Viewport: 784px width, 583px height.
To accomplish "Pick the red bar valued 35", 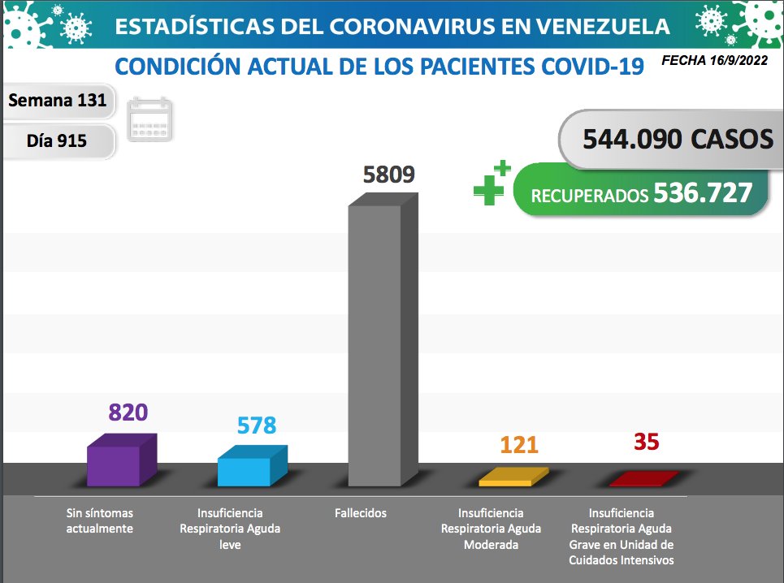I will (643, 479).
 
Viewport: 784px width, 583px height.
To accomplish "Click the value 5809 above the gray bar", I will (388, 175).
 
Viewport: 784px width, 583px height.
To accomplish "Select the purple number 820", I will (128, 412).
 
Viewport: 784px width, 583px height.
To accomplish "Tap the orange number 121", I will (519, 445).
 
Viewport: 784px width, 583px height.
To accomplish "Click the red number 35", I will (647, 442).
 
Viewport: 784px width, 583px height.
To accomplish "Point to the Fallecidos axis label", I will (360, 513).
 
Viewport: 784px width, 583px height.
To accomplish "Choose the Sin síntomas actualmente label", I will (100, 521).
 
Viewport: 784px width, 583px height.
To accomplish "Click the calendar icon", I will (151, 120).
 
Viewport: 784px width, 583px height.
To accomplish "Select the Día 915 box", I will (57, 140).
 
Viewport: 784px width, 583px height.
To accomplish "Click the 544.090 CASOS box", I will (677, 140).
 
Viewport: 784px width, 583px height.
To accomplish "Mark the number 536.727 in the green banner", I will (703, 194).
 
